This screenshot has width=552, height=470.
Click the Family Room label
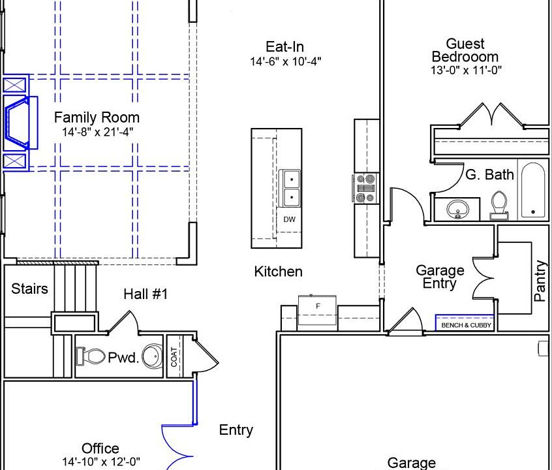pos(97,117)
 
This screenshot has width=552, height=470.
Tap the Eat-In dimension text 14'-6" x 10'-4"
pos(285,62)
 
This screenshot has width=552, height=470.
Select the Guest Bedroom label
pos(465,50)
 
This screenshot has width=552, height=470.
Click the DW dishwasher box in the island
pos(289,219)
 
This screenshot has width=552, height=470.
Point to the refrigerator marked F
pos(318,307)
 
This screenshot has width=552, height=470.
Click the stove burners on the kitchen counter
pos(367,188)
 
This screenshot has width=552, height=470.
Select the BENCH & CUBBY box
pos(465,324)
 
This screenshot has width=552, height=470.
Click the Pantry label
pos(540,281)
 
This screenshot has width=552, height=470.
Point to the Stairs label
pos(29,289)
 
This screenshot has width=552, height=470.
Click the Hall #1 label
pos(146,294)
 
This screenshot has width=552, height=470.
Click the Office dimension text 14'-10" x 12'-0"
pos(100,462)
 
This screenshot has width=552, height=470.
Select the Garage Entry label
pos(440,277)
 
